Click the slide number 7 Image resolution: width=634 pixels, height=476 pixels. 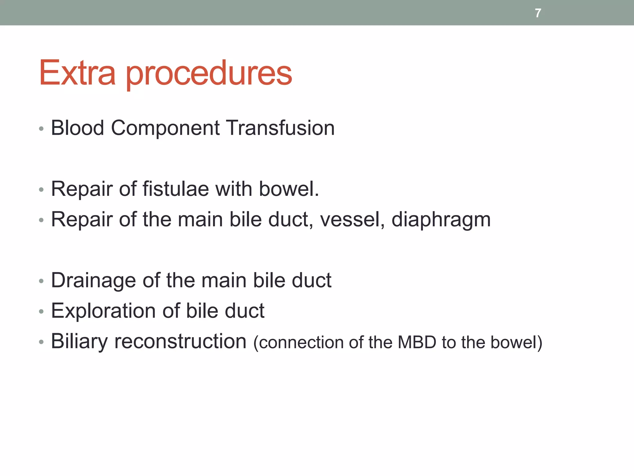(538, 13)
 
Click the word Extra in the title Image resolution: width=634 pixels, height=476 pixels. (77, 73)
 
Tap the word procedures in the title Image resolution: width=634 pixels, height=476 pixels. (209, 74)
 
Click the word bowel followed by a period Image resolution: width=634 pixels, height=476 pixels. (289, 189)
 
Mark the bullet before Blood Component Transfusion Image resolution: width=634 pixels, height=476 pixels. (41, 129)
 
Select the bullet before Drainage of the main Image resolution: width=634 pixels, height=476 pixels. (41, 281)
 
